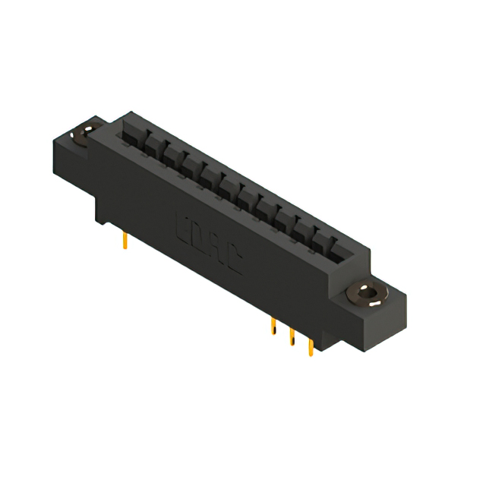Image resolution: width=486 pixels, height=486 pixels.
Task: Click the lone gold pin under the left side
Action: (x=124, y=242)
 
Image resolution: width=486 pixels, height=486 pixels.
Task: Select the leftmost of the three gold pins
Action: (x=273, y=327)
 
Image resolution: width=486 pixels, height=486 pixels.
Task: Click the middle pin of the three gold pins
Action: (x=291, y=337)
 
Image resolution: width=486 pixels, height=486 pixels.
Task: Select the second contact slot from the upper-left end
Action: (x=153, y=144)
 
